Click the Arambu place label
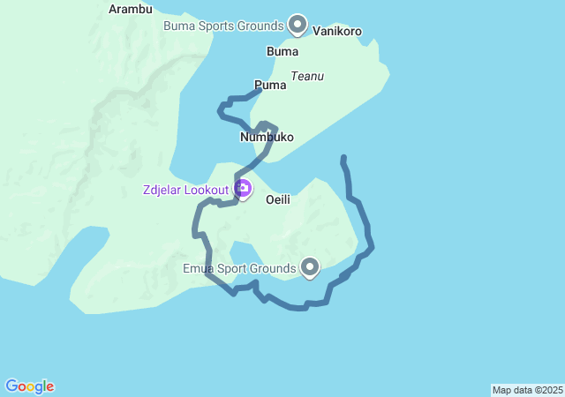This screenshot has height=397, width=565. [x=130, y=10]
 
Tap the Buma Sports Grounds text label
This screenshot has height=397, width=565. [x=223, y=26]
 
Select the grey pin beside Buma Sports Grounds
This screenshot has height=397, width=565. [x=298, y=24]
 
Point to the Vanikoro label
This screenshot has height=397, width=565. [x=337, y=31]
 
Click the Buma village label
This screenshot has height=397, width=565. [x=282, y=52]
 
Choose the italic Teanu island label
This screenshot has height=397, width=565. [x=307, y=77]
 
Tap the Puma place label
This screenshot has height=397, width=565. [x=270, y=86]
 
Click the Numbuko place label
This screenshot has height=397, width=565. [x=267, y=138]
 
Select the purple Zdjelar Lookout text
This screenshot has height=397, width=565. [x=185, y=189]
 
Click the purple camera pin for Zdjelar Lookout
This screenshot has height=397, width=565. [x=242, y=188]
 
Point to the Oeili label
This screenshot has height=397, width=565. [x=278, y=200]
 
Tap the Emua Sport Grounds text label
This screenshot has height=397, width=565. [x=238, y=268]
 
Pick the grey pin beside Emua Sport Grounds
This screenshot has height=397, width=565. [x=310, y=266]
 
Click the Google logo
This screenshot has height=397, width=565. [x=29, y=386]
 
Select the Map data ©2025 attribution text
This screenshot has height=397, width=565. [x=527, y=390]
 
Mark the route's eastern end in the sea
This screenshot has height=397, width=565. [x=343, y=158]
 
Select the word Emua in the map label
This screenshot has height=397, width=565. [x=199, y=268]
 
